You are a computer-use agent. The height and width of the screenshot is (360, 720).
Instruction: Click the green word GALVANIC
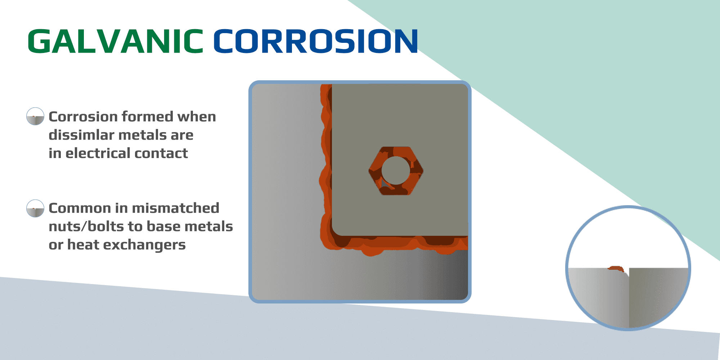[115, 41]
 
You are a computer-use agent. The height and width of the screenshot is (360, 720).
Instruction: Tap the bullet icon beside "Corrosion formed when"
[35, 116]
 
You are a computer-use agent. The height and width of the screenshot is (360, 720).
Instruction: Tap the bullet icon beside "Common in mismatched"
[35, 208]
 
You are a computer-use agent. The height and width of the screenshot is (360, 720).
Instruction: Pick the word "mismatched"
[176, 208]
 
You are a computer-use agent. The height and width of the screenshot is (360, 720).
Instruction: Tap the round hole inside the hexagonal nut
[396, 170]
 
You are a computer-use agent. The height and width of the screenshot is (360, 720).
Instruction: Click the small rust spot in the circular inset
[616, 269]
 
